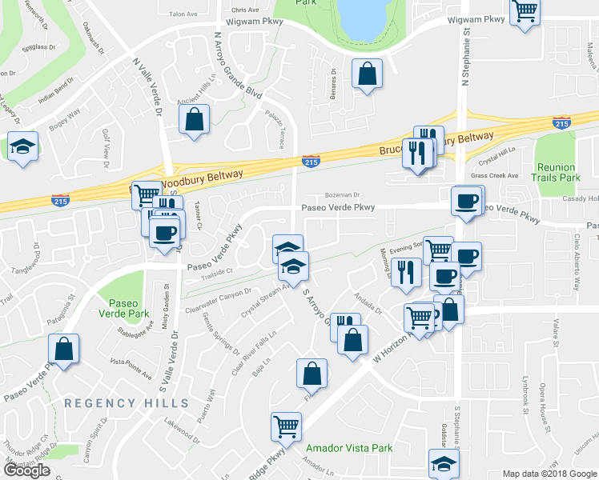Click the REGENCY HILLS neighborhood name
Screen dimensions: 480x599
point(127,403)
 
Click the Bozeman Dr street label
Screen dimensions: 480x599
point(344,194)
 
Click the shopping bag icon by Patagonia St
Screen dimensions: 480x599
point(63,349)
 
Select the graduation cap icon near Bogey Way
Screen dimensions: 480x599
point(23,146)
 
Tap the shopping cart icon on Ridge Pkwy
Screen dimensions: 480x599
point(286,426)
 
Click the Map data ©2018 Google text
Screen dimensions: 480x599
point(549,474)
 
